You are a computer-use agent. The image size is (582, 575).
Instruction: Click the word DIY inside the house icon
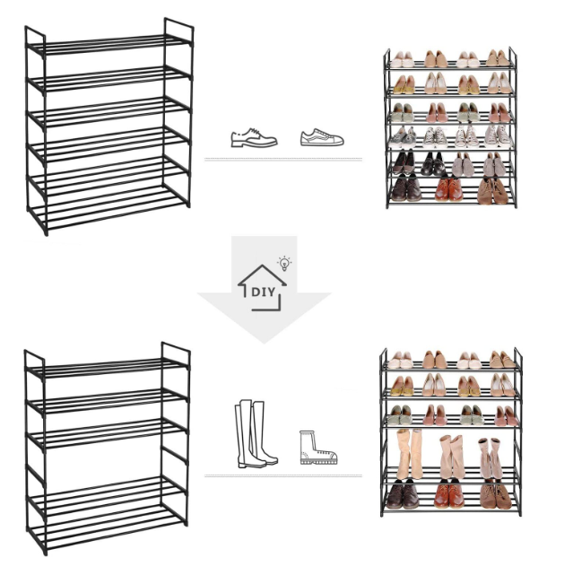point(263,292)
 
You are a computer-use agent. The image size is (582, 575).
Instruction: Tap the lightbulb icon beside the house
point(284,263)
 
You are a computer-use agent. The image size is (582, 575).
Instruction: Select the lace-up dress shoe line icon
point(254,137)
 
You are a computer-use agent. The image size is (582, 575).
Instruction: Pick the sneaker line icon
point(322,137)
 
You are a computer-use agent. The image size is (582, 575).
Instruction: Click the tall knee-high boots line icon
point(256,433)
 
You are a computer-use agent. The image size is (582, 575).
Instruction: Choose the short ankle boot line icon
point(318,448)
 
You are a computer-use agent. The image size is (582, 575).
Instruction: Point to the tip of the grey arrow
point(264,344)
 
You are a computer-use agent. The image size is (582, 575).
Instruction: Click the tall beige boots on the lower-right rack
point(410,454)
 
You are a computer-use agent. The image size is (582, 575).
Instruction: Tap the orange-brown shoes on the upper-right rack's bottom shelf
point(448,189)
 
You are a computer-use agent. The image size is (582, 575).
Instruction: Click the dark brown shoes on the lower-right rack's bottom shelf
point(403,493)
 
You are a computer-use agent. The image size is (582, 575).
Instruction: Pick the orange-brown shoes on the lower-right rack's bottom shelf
point(449,493)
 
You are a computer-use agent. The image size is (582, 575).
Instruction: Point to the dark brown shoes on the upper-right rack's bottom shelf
point(406,189)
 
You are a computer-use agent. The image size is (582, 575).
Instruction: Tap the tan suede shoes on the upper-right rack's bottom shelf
point(493,191)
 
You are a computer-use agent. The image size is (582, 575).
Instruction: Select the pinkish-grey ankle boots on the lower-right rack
point(491,458)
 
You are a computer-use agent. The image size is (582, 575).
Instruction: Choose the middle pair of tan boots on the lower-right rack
point(452,457)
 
